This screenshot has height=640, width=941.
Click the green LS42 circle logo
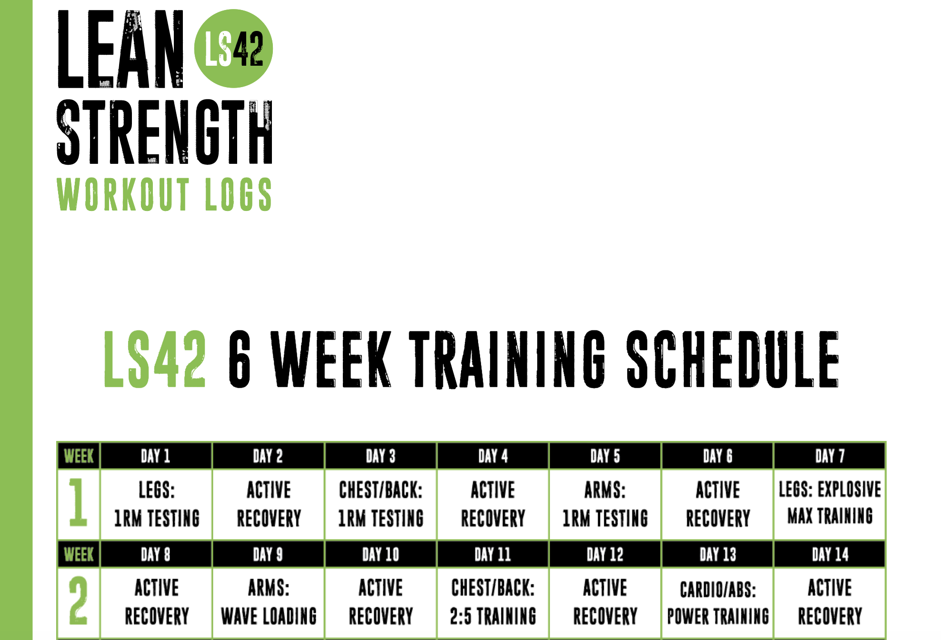coord(233,49)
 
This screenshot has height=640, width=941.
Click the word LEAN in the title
coord(120,49)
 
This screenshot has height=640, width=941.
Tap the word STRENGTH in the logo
coord(165,132)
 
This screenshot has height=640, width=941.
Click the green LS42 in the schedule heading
coord(155,359)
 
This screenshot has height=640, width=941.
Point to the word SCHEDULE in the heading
coord(732,359)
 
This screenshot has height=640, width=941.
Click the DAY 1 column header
coord(156,456)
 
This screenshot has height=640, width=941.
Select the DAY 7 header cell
coord(830,456)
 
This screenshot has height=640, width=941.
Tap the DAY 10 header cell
coord(380,554)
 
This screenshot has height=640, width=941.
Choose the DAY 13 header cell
coord(718,554)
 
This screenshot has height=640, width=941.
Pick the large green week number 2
coord(78,600)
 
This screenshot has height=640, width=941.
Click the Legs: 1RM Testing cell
coord(156,504)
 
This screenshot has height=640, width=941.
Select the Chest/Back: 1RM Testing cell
coord(380,504)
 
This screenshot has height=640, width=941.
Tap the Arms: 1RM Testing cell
coord(605,504)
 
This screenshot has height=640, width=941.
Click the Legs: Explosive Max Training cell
coord(830,504)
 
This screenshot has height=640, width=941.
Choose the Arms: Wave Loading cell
coord(269,602)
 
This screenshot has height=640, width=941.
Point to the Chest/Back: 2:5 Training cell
coord(493,602)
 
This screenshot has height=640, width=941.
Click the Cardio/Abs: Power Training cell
coord(718,602)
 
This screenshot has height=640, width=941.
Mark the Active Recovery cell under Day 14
coord(830,602)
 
